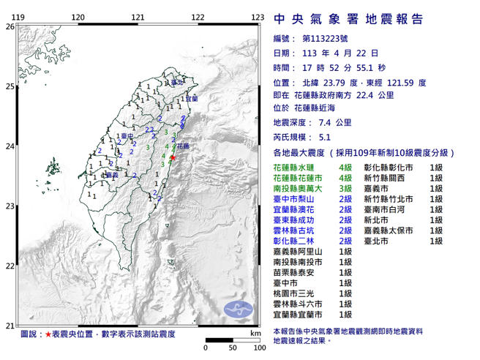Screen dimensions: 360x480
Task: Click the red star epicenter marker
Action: coord(173,157)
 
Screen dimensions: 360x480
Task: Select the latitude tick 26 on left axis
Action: coord(10,26)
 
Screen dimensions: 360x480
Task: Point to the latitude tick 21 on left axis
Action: coord(10,326)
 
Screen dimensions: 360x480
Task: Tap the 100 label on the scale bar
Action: coord(258,347)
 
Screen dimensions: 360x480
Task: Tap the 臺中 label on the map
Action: coord(127,136)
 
